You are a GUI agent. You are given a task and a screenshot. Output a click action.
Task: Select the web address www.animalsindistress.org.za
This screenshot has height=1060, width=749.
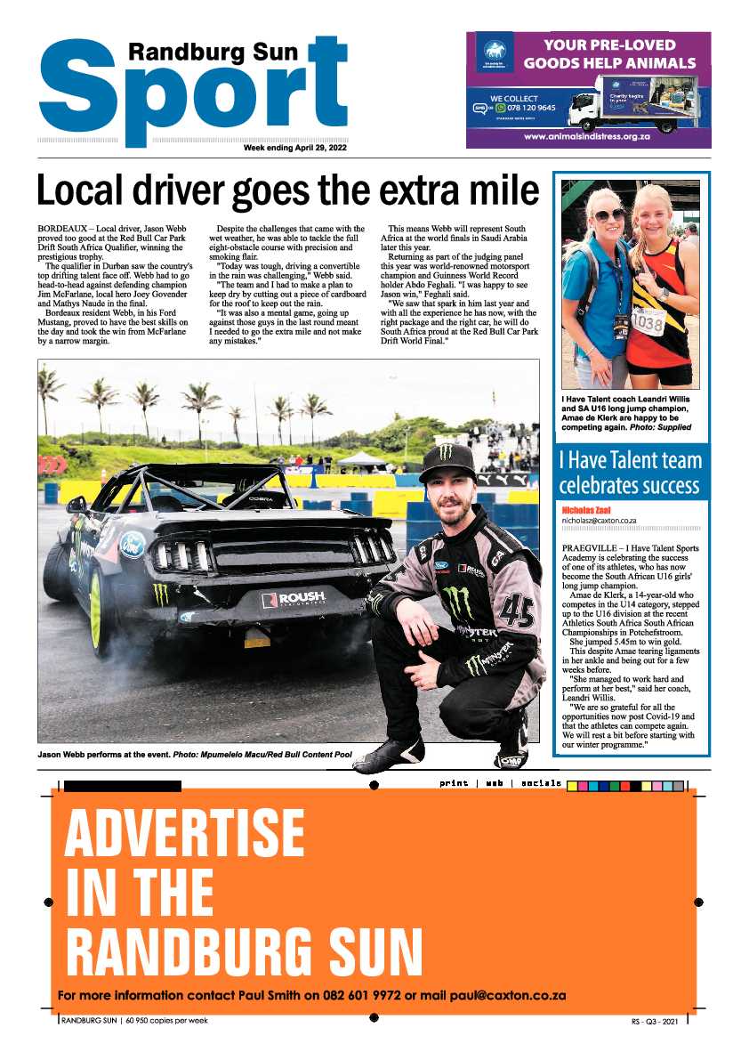click(588, 137)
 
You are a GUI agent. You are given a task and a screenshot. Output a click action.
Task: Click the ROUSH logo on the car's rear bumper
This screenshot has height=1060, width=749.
click(293, 598)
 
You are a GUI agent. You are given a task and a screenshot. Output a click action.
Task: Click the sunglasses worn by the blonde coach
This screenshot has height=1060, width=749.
click(608, 215)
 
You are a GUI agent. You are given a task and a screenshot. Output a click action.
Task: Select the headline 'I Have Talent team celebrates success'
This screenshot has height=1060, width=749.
click(630, 473)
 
